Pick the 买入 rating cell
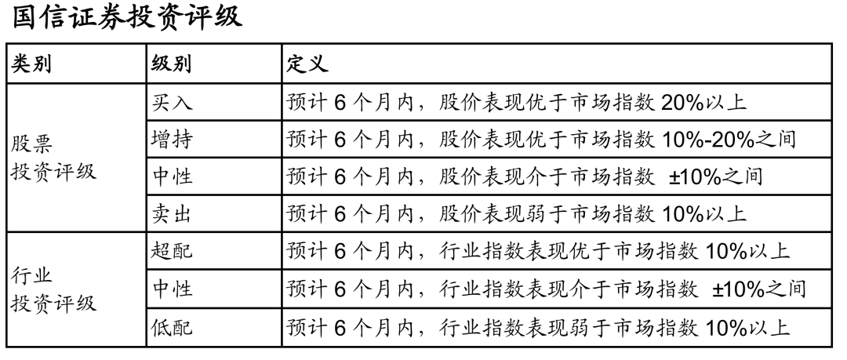pos(170,103)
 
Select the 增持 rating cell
pos(170,140)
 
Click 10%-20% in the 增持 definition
pos(692,140)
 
